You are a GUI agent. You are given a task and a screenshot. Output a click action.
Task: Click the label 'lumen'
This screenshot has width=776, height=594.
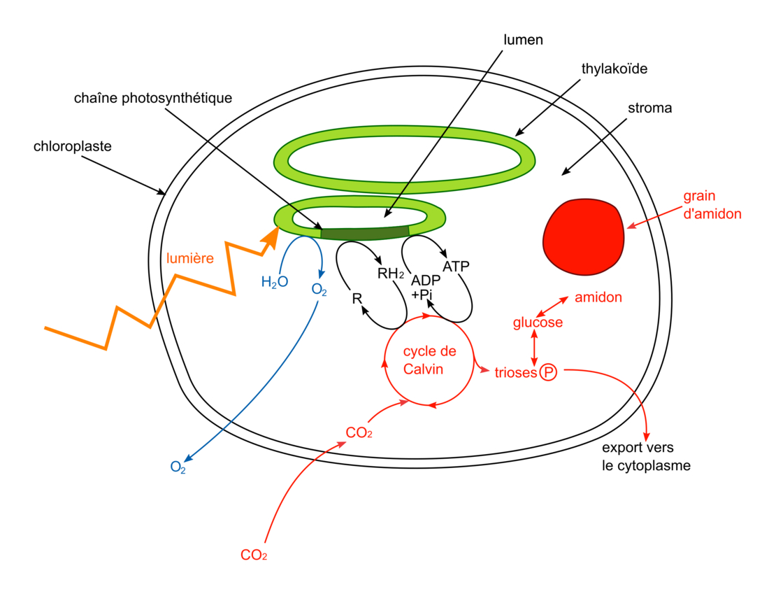[523, 40]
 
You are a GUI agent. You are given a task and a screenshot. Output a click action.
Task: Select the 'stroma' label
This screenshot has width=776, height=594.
[649, 108]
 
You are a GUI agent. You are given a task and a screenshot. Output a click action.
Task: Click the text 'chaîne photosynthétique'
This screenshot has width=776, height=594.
[152, 98]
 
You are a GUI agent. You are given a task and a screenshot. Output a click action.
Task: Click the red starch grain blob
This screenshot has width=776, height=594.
[583, 236]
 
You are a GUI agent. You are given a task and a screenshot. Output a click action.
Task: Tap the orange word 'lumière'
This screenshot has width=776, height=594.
[190, 258]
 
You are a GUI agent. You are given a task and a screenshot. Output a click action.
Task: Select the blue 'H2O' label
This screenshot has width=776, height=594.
[274, 283]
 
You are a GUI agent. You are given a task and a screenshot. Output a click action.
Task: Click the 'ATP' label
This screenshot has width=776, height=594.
[456, 266]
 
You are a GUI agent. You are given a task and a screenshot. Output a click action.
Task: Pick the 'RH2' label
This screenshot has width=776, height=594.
[391, 274]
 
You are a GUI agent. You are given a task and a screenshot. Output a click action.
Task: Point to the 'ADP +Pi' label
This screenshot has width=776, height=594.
[424, 288]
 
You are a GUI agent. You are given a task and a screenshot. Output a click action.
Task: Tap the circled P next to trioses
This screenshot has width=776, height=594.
[547, 373]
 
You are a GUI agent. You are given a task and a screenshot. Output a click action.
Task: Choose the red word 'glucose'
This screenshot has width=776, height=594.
[538, 323]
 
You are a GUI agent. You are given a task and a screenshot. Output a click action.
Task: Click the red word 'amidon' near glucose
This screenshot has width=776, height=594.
[598, 297]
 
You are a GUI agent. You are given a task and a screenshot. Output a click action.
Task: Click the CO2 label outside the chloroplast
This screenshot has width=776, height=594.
[254, 556]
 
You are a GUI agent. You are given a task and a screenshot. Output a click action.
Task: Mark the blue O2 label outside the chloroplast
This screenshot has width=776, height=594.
[178, 467]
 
